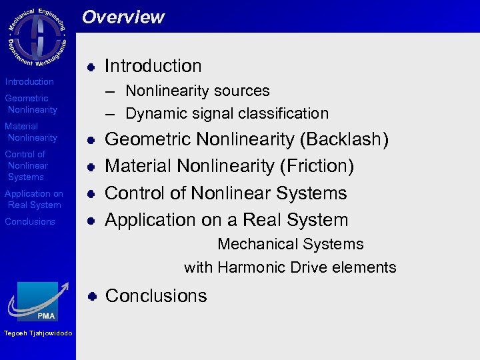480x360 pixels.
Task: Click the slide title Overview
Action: [x=123, y=17]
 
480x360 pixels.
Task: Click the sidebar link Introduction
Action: [x=29, y=81]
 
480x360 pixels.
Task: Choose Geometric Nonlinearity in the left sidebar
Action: [x=31, y=104]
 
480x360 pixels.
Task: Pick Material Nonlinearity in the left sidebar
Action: [x=31, y=132]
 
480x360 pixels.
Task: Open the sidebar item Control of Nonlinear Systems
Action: [x=27, y=165]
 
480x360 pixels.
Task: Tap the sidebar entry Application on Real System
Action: [x=34, y=199]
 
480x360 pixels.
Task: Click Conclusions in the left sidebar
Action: [x=30, y=221]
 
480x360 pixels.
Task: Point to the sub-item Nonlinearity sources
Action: [x=197, y=91]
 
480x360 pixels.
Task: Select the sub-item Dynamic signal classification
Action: [x=226, y=113]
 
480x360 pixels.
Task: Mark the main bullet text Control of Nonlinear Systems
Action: [x=226, y=193]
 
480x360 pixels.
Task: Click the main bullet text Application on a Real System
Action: [x=227, y=220]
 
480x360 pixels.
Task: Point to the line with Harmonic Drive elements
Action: [x=290, y=268]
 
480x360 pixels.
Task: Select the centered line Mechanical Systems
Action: [x=290, y=245]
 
